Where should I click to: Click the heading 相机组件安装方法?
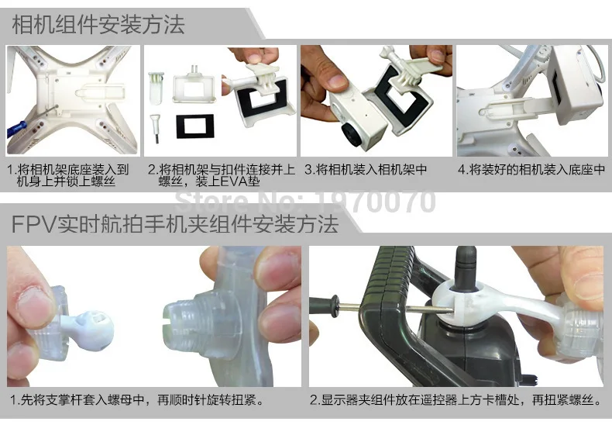[98, 25]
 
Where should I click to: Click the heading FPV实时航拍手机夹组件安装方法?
[175, 224]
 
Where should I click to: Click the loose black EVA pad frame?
[194, 126]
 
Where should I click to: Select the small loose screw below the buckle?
[156, 129]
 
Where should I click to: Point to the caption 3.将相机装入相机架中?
[366, 170]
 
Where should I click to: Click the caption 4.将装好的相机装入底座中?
[531, 170]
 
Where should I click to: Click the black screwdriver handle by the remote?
[325, 306]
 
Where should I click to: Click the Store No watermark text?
[304, 201]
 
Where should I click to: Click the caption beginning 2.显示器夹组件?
[455, 400]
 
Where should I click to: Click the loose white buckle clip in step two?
[156, 88]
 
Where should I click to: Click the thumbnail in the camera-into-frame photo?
[335, 83]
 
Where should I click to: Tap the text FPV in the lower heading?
[34, 225]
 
